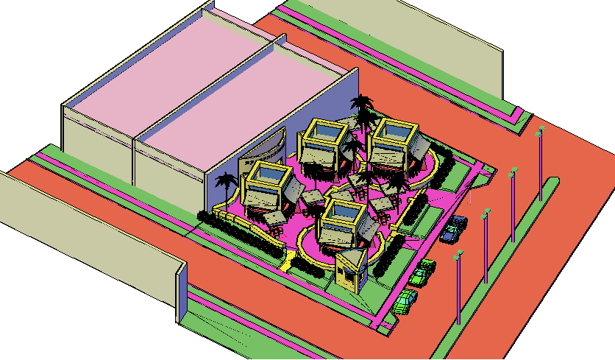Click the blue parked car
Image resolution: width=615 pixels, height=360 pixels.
[x=453, y=230]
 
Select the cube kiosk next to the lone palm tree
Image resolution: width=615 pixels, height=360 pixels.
[x=266, y=187]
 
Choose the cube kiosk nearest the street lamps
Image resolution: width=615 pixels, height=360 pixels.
[x=393, y=144]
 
